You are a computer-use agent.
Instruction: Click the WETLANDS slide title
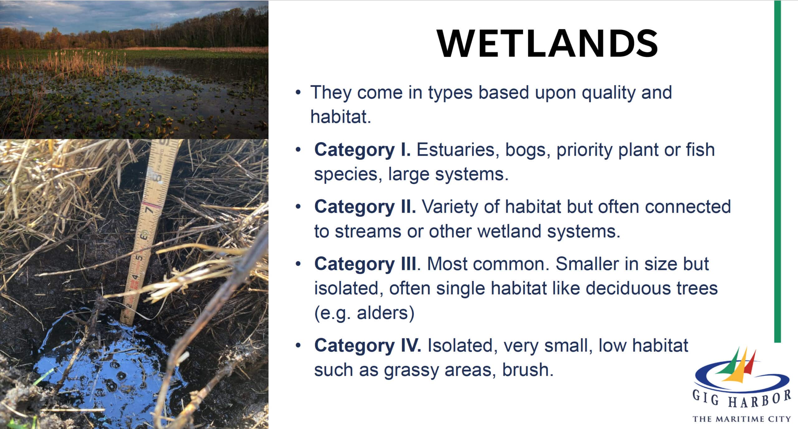tap(547, 43)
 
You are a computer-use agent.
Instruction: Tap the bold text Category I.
tap(362, 150)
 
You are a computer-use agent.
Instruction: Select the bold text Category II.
tap(365, 207)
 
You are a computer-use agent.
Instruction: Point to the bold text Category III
tap(365, 264)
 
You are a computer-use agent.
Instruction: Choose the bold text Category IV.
tap(368, 346)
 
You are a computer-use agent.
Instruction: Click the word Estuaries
tap(456, 150)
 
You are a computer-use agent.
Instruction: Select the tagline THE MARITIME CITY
tap(742, 419)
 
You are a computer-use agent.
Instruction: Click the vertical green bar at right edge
tap(777, 171)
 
